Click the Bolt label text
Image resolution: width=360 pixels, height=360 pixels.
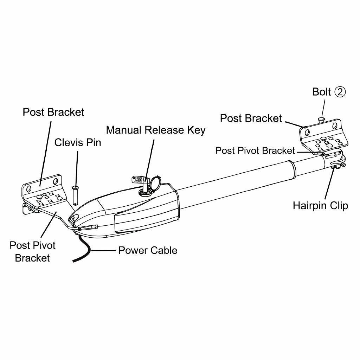[x=321, y=92]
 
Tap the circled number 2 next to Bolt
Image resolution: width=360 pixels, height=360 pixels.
[x=340, y=92]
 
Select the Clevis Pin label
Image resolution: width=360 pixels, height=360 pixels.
[x=77, y=142]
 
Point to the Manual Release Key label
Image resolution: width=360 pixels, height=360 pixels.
[x=155, y=130]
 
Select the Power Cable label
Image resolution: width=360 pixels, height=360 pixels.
[x=148, y=250]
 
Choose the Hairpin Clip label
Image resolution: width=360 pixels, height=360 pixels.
[x=320, y=205]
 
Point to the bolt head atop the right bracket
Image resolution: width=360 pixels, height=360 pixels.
[x=321, y=120]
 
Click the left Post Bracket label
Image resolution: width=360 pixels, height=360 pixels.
[x=53, y=112]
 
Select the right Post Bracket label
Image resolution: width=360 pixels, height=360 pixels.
[x=251, y=118]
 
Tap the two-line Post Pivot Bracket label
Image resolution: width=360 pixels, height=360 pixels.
[x=32, y=251]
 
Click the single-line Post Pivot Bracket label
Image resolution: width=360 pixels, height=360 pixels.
[x=255, y=151]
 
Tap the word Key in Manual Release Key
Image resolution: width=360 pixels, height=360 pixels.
[x=196, y=130]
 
